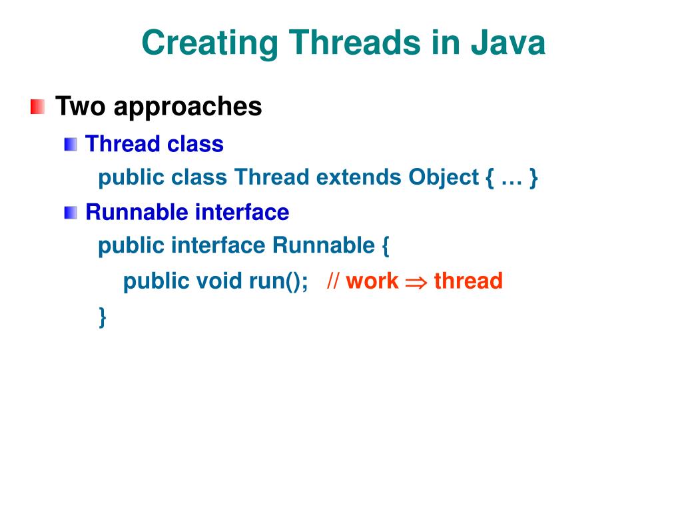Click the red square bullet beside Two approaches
click(x=38, y=107)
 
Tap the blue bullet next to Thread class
click(x=71, y=144)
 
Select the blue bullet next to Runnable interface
click(x=71, y=213)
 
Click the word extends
click(x=359, y=177)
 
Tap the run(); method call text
click(x=278, y=281)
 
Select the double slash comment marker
click(x=334, y=281)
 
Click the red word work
click(x=372, y=281)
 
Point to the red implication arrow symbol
click(x=416, y=282)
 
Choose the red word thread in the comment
click(x=468, y=281)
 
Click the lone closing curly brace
click(x=103, y=317)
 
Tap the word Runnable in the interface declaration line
click(x=324, y=246)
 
